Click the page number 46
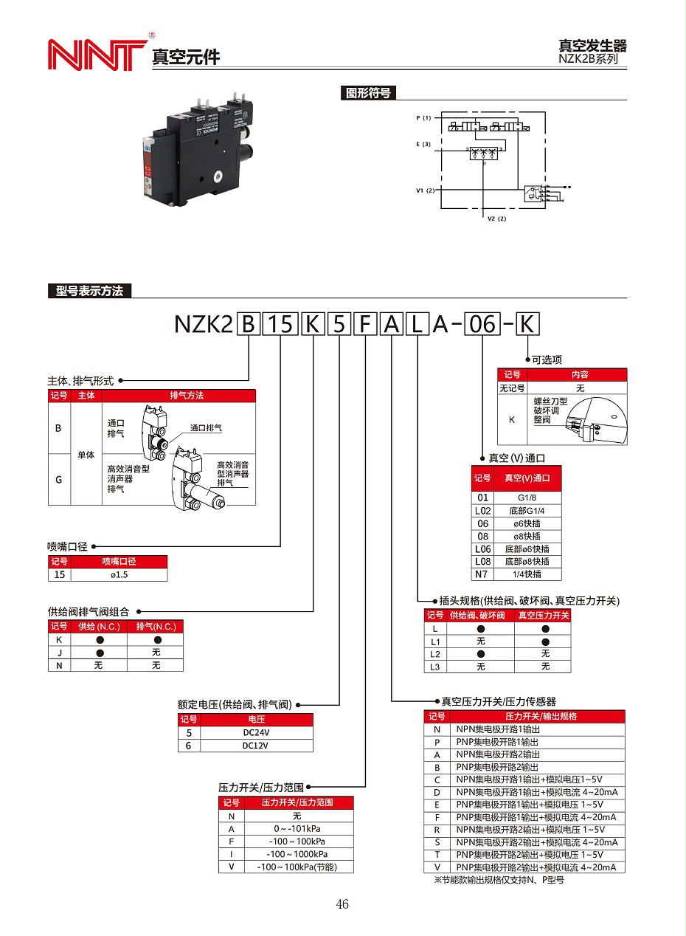point(342,904)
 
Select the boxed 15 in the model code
point(280,324)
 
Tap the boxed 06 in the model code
point(483,324)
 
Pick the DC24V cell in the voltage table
point(257,732)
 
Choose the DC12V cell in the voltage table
point(257,745)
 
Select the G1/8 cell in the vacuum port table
point(527,498)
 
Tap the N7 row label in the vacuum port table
point(482,574)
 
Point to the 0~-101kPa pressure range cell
point(297,829)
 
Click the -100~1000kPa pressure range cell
point(297,854)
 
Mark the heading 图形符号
point(368,93)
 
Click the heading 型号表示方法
point(89,291)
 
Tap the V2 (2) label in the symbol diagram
point(497,218)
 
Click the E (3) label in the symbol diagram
point(423,144)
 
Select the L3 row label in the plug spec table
point(435,667)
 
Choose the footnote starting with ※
point(499,880)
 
